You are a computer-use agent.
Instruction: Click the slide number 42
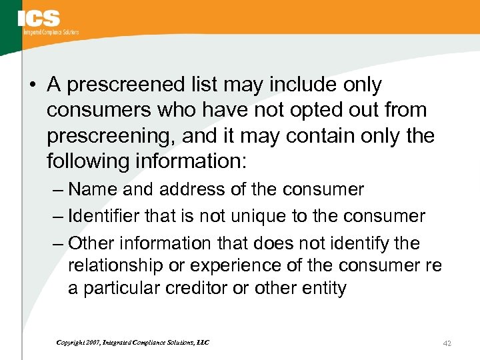(x=447, y=343)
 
